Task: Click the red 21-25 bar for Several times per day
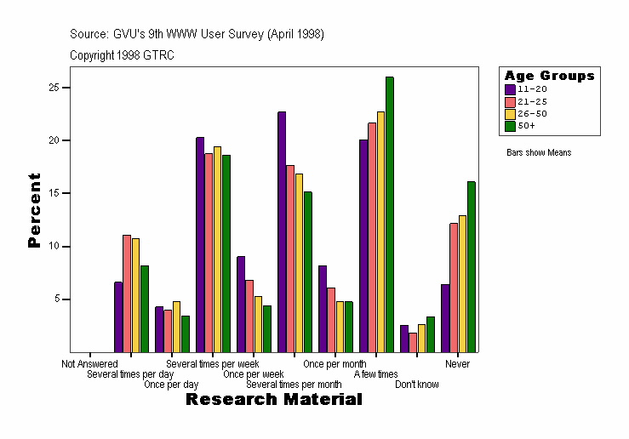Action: [x=127, y=294]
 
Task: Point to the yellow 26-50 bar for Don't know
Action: [x=421, y=338]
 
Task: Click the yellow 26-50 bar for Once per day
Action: [x=176, y=326]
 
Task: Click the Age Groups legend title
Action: [x=549, y=76]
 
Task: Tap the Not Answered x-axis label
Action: [x=89, y=364]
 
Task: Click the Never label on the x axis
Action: [x=458, y=364]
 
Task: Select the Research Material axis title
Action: [x=273, y=399]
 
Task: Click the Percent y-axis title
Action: [x=34, y=210]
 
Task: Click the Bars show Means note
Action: [x=538, y=153]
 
